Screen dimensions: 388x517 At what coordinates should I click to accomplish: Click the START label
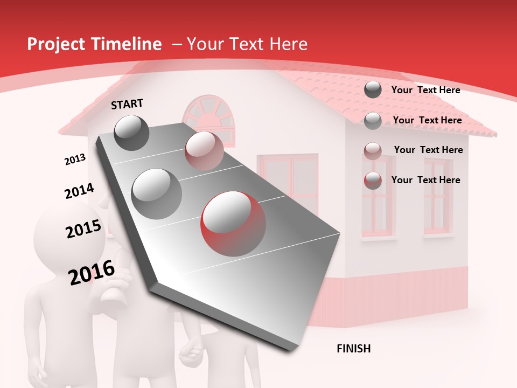[x=127, y=104]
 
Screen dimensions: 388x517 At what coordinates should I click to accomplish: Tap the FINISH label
[x=353, y=349]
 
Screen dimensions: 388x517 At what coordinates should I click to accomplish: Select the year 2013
[x=75, y=160]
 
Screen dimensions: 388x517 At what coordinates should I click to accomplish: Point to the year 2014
[x=79, y=191]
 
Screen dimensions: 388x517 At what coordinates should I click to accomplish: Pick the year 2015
[x=83, y=229]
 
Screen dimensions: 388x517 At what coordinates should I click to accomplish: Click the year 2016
[x=92, y=273]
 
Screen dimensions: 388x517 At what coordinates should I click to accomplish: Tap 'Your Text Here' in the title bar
[x=247, y=44]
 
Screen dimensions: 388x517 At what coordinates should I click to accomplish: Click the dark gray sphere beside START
[x=131, y=133]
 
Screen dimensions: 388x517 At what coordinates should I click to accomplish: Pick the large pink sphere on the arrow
[x=204, y=151]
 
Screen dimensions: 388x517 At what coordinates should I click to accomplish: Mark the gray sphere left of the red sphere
[x=157, y=193]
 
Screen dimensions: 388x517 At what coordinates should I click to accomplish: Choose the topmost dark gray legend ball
[x=373, y=90]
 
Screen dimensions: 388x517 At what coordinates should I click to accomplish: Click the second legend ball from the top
[x=373, y=121]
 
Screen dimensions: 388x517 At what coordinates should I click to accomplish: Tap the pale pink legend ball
[x=373, y=150]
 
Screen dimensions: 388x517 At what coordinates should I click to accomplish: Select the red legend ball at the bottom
[x=373, y=181]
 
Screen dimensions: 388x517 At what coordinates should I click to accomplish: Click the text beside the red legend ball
[x=425, y=180]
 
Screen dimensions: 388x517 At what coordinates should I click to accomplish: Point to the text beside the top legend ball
[x=425, y=90]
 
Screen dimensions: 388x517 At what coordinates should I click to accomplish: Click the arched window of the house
[x=210, y=119]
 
